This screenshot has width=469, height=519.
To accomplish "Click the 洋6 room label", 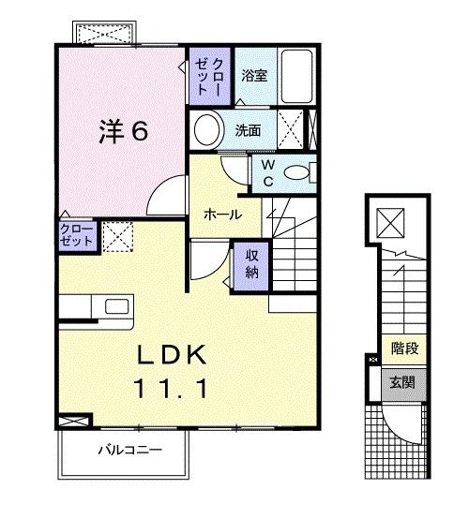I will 123,132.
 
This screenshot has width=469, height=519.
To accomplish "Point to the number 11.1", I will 172,385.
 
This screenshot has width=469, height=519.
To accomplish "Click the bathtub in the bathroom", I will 296,74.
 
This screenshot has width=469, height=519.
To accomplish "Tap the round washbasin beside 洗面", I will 207,128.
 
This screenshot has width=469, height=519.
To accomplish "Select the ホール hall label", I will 223,215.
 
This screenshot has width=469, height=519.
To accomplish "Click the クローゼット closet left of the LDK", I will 77,234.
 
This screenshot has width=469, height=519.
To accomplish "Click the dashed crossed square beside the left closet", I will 117,236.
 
